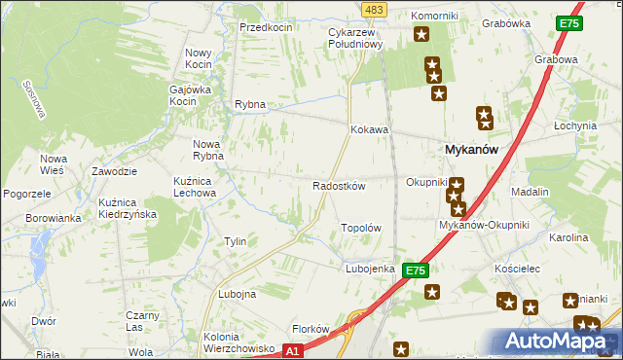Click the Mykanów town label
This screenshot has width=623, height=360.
point(471,150)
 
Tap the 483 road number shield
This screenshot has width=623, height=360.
point(373,9)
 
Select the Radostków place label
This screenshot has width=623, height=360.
point(338,186)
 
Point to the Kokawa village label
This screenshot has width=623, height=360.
point(370,129)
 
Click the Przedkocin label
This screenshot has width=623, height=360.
point(266,27)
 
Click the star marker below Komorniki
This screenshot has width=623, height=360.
point(421,36)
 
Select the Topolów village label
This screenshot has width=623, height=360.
point(359,228)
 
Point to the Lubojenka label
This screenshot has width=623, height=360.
point(369,269)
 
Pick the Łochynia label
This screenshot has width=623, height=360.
point(574,126)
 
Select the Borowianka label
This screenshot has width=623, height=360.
point(54,218)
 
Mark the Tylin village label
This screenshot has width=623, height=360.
point(235,241)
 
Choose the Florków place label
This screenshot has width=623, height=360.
point(312,329)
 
